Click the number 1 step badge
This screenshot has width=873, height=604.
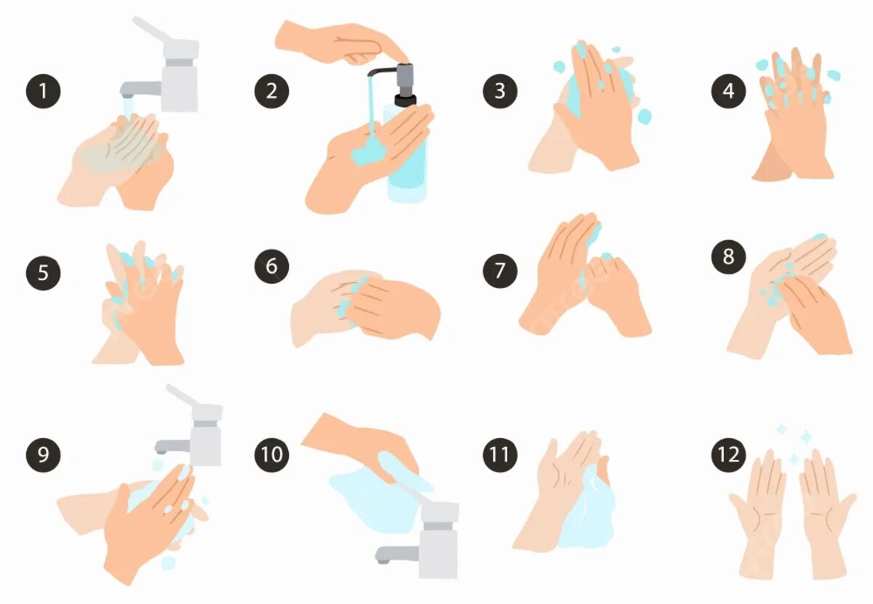click(x=43, y=91)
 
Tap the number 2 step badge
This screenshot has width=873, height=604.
click(x=271, y=91)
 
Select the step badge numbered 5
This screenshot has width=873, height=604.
click(x=43, y=273)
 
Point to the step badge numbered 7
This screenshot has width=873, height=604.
click(x=500, y=271)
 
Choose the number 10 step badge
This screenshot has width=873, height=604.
click(x=271, y=455)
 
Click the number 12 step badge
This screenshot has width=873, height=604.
click(x=728, y=455)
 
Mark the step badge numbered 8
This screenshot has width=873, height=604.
click(x=728, y=257)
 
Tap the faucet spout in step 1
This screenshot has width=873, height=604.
click(x=140, y=89)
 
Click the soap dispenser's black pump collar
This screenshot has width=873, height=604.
click(x=405, y=100)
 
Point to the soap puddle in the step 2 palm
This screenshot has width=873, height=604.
click(x=368, y=151)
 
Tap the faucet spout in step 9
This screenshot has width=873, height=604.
click(x=173, y=445)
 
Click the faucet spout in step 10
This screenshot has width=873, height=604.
click(x=397, y=554)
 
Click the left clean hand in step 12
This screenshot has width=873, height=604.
click(x=755, y=514)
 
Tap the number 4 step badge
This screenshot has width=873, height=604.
click(x=728, y=91)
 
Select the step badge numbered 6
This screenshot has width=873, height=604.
click(x=271, y=266)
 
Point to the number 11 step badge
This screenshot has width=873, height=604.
click(x=500, y=455)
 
